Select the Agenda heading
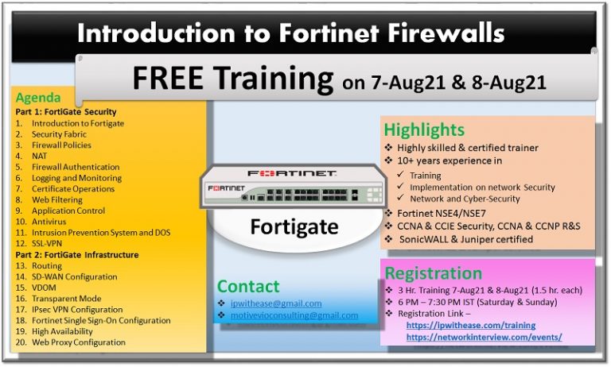click(x=37, y=99)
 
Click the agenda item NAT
click(x=40, y=156)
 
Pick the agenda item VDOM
click(x=45, y=288)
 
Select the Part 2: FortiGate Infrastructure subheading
click(x=77, y=255)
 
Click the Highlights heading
click(x=424, y=129)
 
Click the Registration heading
click(x=434, y=273)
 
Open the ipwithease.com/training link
click(x=470, y=325)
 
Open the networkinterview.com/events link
click(x=484, y=337)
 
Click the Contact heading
click(x=248, y=286)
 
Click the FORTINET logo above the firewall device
click(x=291, y=173)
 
